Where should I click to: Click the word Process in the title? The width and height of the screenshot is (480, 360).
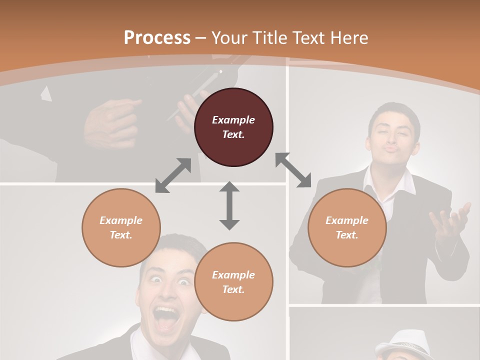point(157,37)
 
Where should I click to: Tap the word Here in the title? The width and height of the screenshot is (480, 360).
point(348,38)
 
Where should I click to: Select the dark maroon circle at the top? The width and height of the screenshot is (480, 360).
point(233,127)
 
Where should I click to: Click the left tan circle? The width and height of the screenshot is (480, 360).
point(121,227)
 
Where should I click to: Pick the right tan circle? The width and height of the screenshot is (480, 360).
point(347,227)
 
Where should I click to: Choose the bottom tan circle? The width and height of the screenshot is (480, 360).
point(233,282)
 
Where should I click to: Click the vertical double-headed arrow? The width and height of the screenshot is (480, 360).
point(229,205)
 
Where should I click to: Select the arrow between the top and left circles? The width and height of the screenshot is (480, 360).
point(173,175)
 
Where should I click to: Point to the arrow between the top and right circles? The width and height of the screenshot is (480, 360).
point(293,170)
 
